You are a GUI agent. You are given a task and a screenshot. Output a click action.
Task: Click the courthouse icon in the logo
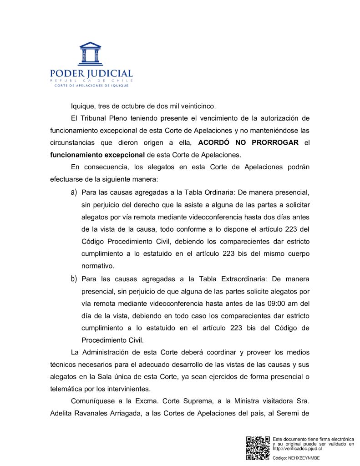[x=90, y=53]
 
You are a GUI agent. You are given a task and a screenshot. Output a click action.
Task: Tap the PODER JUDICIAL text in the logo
[x=91, y=74]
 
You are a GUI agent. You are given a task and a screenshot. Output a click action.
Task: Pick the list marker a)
[x=73, y=193]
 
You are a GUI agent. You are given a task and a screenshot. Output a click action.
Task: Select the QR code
[x=258, y=448]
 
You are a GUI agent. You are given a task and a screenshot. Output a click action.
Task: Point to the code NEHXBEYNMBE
[x=305, y=458]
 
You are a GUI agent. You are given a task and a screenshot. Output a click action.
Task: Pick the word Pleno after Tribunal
[x=120, y=118]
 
